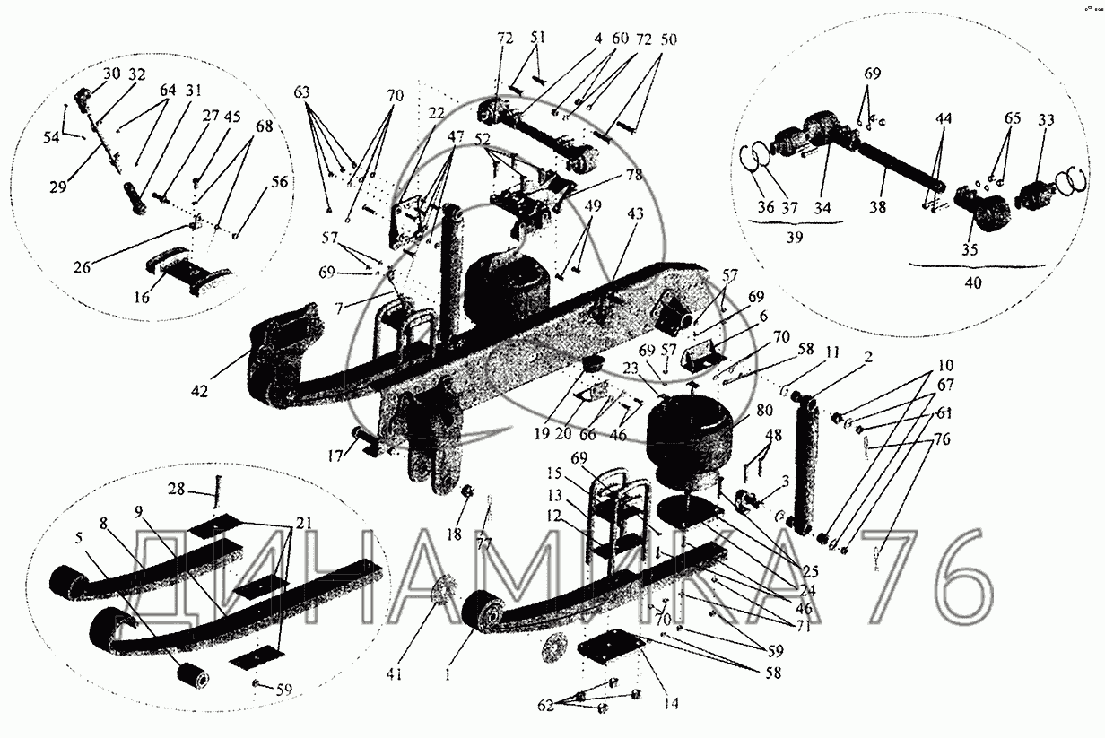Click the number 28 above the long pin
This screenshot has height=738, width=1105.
[x=176, y=488]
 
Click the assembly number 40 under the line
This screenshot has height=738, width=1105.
[x=974, y=282]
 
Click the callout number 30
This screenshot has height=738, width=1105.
[x=111, y=74]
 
